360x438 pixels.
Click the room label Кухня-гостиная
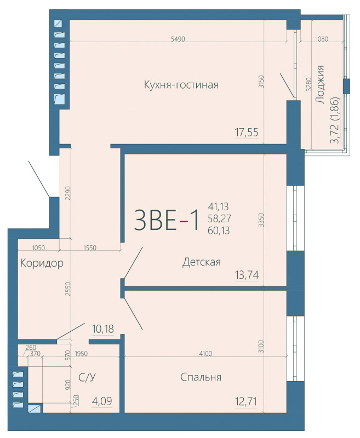[181, 85]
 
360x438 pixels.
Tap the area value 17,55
[247, 132]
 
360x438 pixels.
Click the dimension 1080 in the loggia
[322, 39]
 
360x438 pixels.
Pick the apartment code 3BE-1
[167, 220]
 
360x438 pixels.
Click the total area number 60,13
[218, 230]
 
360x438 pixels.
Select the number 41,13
[218, 206]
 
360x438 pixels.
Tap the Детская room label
[202, 262]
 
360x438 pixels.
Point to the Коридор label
[42, 263]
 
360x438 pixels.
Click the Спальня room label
[201, 377]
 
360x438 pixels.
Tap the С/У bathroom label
[88, 377]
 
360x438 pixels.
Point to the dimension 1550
[90, 248]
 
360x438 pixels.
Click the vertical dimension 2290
[67, 194]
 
